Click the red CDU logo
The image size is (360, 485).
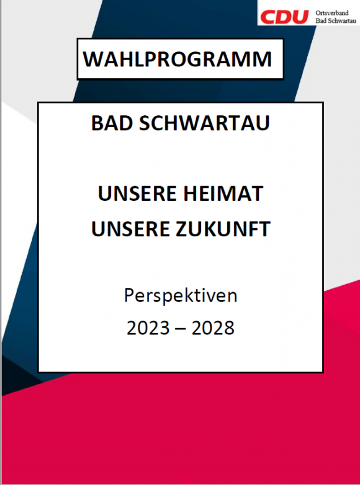284,17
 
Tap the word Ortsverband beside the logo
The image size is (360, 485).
332,13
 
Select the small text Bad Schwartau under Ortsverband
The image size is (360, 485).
336,20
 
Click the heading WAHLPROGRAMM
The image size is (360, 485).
178,59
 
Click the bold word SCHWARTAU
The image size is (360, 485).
204,123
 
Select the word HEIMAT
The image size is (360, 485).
223,194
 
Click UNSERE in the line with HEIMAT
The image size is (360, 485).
137,194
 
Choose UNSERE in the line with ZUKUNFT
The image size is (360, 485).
131,229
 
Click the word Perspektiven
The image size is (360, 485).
181,296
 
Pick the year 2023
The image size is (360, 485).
148,328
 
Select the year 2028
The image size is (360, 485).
213,328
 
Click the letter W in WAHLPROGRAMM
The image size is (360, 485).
94,59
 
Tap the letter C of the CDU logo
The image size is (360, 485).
268,17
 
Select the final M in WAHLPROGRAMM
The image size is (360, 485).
262,59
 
